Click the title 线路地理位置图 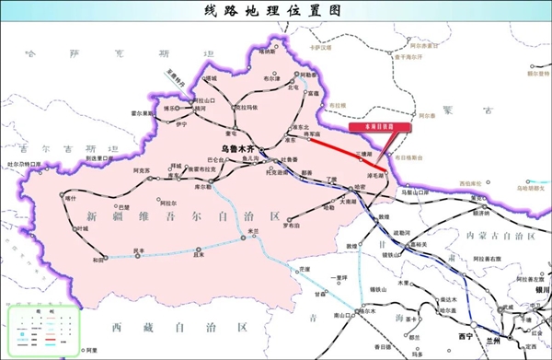click(276, 12)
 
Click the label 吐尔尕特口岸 click(24, 164)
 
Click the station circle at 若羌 click(241, 238)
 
